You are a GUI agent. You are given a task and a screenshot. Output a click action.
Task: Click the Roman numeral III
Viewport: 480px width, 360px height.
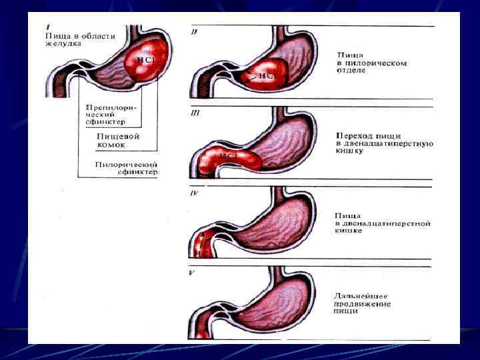point(195,113)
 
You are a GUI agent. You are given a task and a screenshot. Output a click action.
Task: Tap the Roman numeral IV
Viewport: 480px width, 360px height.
point(195,195)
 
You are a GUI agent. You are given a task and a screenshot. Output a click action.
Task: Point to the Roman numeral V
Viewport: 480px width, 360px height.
point(193,271)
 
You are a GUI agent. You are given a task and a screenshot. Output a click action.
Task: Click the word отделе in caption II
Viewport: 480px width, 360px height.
point(351,70)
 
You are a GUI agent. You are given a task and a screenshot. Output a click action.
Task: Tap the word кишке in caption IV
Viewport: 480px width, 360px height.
point(349,230)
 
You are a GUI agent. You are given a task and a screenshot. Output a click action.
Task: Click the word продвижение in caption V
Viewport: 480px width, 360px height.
point(363,304)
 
